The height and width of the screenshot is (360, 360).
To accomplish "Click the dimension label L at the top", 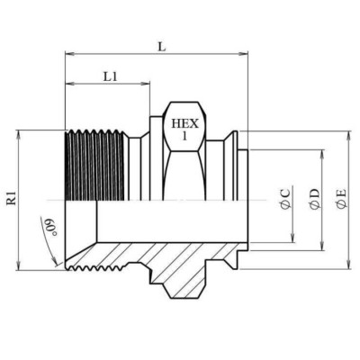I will [161, 44].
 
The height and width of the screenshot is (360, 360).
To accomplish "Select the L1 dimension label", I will [110, 77].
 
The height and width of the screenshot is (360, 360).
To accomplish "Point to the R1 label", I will [12, 197].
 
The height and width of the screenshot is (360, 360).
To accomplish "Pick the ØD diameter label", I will [314, 199].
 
